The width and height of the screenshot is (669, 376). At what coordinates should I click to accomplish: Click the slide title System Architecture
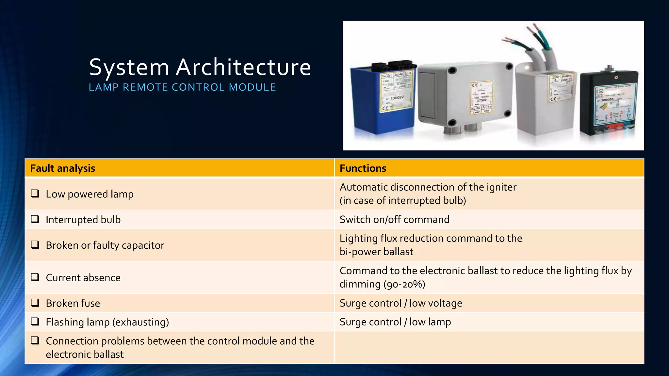point(200,67)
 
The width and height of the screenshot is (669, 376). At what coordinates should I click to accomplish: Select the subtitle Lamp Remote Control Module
point(182,87)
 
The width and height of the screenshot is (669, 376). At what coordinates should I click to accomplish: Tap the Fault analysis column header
point(63,168)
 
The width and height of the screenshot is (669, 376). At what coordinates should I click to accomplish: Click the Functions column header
point(363,168)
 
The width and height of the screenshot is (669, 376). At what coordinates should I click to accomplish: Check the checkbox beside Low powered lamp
point(35,194)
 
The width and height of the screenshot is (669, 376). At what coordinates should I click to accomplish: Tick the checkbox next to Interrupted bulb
point(35,219)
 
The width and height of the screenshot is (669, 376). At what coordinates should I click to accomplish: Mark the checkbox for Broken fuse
point(35,303)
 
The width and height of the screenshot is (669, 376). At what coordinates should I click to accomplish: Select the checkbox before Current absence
point(35,277)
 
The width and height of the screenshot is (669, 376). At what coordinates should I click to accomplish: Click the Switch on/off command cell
point(394,219)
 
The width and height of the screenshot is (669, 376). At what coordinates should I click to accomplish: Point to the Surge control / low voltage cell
point(401,303)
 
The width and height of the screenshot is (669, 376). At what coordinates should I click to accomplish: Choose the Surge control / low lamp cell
point(395,322)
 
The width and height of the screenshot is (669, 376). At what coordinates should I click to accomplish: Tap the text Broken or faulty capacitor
point(105,245)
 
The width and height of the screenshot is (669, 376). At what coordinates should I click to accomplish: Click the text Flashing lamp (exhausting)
point(107,322)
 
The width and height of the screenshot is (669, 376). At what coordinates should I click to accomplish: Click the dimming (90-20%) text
point(382,284)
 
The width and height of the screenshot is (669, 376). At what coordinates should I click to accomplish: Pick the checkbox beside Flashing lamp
point(35,321)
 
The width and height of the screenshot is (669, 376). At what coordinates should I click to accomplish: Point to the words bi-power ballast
point(376,252)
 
